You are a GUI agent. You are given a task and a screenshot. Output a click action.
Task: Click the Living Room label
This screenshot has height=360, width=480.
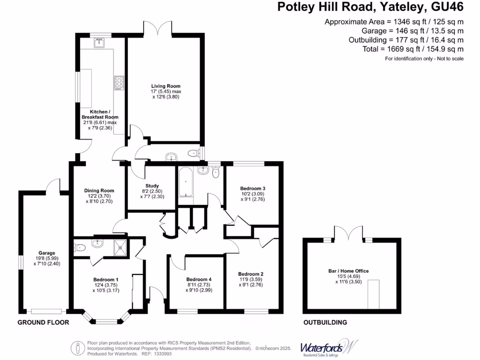(165, 86)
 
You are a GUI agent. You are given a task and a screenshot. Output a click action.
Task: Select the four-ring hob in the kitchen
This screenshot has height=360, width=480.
(118, 82)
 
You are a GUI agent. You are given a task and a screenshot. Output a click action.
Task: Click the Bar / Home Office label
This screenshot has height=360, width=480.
(348, 271)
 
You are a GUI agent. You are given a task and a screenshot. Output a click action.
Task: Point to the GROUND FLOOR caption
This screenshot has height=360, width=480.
(43, 322)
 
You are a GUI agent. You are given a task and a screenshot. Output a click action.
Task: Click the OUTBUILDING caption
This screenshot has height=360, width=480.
(325, 322)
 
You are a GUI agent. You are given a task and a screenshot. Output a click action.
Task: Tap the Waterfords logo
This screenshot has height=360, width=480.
(328, 348)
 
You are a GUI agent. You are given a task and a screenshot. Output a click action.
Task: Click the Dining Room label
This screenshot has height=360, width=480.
(99, 190)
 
